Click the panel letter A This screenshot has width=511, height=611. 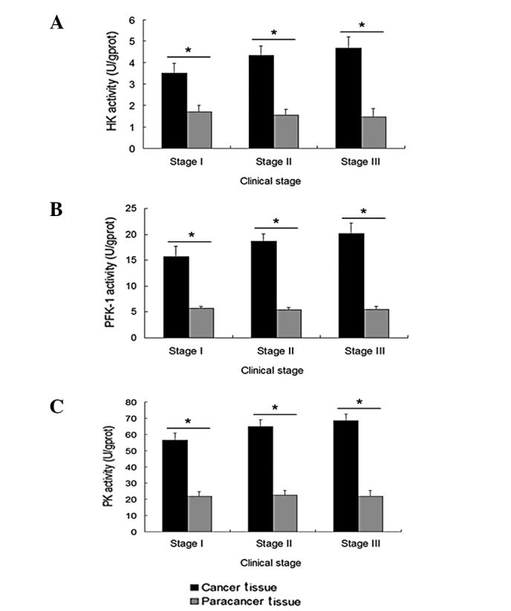(56, 23)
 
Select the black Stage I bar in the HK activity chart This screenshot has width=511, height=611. (176, 111)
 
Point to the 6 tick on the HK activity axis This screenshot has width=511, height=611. (131, 20)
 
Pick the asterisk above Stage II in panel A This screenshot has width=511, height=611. (274, 33)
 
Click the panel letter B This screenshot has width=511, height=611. (56, 210)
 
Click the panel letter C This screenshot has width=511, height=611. (56, 407)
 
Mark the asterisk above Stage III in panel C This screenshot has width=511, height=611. (359, 402)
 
